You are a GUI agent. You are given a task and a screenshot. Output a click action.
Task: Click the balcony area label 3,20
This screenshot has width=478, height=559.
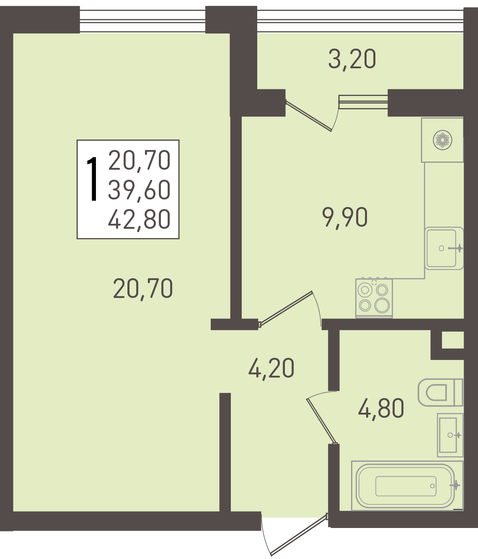coord(352,59)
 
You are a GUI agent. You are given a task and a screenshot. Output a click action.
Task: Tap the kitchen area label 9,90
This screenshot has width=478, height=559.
coord(345,217)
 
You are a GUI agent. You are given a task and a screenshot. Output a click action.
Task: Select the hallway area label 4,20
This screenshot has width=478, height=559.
coord(271,369)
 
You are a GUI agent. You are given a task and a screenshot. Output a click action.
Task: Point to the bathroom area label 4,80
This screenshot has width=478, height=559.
coord(381,409)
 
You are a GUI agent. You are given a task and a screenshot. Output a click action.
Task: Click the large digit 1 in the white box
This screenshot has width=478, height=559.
coord(93,179)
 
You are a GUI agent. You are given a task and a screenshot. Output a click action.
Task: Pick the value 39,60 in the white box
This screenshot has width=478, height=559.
coord(139,190)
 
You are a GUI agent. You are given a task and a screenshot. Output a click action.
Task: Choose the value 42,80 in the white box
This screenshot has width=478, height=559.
coord(139,220)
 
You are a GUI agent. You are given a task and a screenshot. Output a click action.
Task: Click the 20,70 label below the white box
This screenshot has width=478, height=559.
coord(143,289)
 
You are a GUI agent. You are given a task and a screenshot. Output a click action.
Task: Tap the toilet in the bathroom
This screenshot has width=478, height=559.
coord(440,392)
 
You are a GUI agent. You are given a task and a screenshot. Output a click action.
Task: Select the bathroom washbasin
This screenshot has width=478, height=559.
coord(450,435)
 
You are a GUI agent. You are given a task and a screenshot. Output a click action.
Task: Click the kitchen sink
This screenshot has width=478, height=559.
coord(444,248)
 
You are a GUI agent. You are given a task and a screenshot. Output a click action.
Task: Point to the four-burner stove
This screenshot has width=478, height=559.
coord(374,298)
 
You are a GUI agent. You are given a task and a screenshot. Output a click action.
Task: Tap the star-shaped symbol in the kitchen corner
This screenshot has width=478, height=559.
coord(442,140)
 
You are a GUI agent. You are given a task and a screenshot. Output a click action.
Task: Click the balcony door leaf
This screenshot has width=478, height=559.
coord(309,116)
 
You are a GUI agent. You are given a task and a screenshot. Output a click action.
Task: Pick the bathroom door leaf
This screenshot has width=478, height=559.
coord(322,421)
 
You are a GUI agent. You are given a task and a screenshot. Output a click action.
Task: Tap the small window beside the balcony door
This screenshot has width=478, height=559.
coord(363,102)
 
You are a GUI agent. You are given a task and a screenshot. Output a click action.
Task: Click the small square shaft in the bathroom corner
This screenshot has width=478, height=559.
coord(453,340)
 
